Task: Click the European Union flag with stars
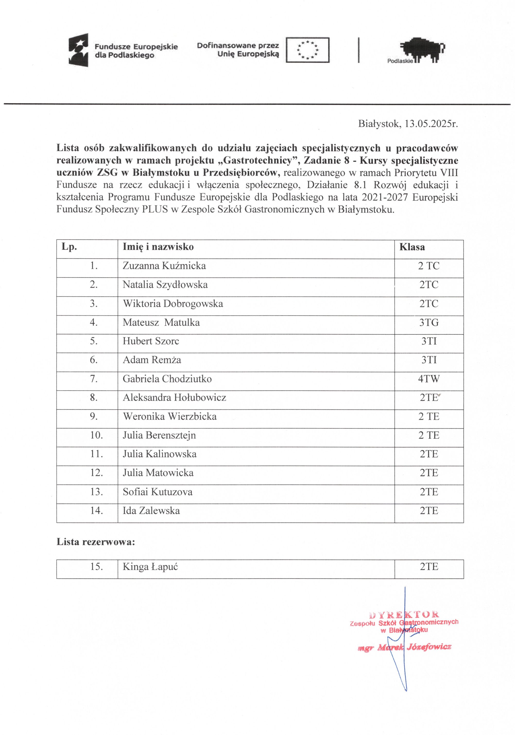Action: tap(307, 50)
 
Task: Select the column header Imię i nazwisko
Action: tap(158, 247)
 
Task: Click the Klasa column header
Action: tap(412, 247)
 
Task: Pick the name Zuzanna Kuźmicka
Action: tap(164, 266)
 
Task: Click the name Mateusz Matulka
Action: tap(161, 322)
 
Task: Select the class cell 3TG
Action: tap(429, 322)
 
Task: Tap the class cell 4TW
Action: tap(429, 379)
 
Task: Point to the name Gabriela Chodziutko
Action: tap(167, 379)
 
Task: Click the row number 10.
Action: tap(96, 435)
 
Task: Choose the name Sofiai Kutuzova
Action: tap(157, 492)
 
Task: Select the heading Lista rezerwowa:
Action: tap(96, 542)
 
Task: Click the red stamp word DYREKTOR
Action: tap(404, 615)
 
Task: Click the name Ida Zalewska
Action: tap(151, 511)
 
